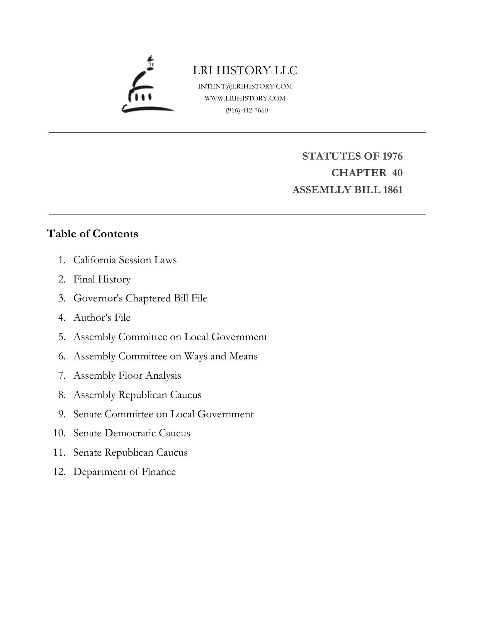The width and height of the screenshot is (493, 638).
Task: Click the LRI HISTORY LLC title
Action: click(245, 70)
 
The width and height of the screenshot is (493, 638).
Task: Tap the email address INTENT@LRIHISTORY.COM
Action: click(245, 86)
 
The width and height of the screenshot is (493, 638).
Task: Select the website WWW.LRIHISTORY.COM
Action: click(245, 98)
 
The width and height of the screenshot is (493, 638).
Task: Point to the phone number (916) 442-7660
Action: click(247, 110)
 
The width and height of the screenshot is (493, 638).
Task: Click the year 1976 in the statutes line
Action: click(392, 156)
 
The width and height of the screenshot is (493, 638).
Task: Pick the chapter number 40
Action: click(397, 173)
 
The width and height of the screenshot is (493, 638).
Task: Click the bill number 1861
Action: click(393, 190)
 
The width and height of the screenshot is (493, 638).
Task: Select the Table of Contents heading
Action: click(92, 234)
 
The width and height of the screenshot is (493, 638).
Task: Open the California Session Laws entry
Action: click(125, 260)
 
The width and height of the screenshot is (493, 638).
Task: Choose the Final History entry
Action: click(102, 279)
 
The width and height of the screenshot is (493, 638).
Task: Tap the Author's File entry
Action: click(102, 317)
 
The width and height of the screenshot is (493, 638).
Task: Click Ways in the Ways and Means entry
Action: click(195, 356)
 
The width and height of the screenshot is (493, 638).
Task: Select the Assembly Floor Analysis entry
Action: click(127, 376)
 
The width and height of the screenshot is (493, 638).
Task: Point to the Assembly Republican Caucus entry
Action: click(137, 395)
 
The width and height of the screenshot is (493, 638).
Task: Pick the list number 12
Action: click(59, 472)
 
